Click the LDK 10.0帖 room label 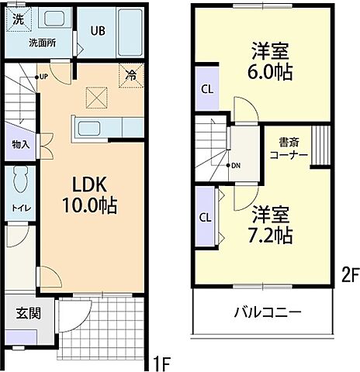point(95,195)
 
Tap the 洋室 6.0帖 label point(269,61)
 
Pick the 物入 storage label point(21,143)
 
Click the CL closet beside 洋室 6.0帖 point(206,88)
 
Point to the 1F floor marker point(161,361)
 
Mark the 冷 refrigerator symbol point(131,76)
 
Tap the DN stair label point(235,166)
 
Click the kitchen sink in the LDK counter point(86,128)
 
